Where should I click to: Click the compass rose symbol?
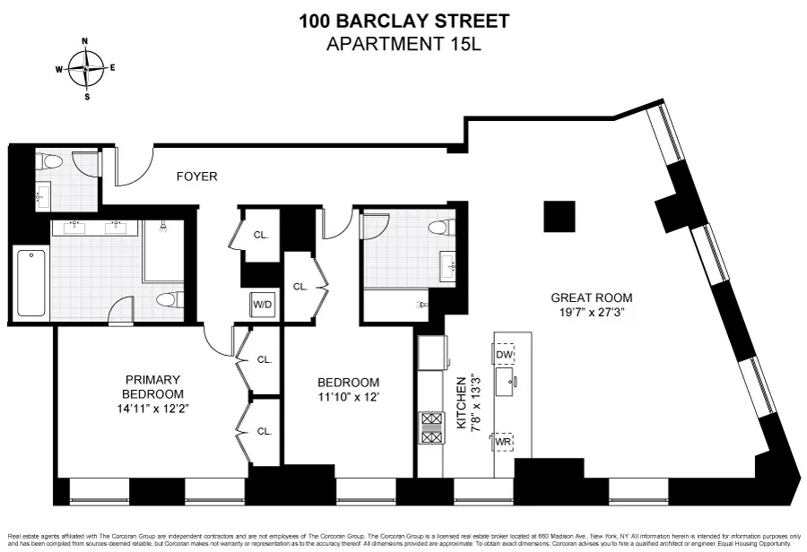[x=86, y=68]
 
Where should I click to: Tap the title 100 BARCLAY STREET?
[x=403, y=21]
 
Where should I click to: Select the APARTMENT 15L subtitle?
[x=403, y=44]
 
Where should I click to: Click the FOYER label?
[x=196, y=177]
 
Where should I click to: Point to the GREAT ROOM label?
[x=591, y=298]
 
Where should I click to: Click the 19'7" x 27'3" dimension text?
[x=591, y=314]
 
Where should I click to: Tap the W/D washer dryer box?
[x=263, y=304]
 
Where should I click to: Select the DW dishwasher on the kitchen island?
[x=504, y=355]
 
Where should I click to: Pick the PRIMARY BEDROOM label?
[x=153, y=386]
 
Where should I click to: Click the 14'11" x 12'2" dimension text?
[x=153, y=408]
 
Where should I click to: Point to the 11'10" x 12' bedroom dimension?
[x=349, y=396]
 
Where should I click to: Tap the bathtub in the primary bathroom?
[x=31, y=282]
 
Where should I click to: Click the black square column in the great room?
[x=560, y=217]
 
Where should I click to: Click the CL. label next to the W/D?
[x=300, y=287]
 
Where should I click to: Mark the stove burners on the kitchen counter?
[x=430, y=427]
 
